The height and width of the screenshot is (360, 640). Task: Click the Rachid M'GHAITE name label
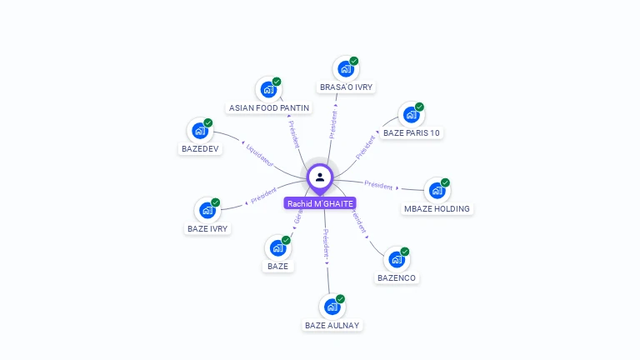point(320,203)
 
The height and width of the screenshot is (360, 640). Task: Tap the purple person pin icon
point(320,177)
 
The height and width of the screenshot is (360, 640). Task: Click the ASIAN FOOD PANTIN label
point(269,107)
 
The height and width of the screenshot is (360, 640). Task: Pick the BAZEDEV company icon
point(199,131)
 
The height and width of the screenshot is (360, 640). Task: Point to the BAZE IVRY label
point(207,228)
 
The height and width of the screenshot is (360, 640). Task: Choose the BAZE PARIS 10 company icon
point(410,115)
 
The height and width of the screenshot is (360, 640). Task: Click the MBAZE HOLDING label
point(437,208)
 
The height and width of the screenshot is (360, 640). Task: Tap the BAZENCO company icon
point(395,259)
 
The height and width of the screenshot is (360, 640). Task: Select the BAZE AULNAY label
point(332,325)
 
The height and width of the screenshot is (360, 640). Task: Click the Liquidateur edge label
point(260,152)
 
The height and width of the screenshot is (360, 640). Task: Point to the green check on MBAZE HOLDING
point(446,182)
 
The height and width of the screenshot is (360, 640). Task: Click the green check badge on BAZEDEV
point(208,122)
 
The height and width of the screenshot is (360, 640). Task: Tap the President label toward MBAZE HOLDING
point(378,185)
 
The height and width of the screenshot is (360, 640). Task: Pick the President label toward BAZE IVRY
point(264,196)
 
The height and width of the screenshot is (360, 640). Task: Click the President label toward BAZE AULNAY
point(326,242)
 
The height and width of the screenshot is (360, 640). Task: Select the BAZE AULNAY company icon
point(332,307)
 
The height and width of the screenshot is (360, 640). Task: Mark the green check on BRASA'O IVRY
point(353,61)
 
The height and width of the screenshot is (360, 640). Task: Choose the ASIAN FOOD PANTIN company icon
point(267,89)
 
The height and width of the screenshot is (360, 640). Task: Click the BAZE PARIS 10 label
point(412,132)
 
